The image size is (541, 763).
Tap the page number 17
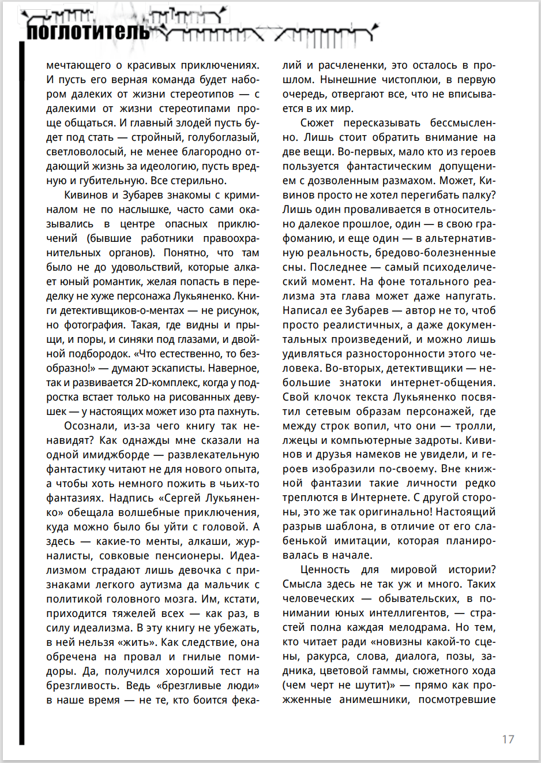point(508,739)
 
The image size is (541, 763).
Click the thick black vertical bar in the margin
point(22,392)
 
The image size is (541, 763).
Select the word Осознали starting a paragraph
point(91,426)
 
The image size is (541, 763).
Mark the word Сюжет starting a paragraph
point(317,123)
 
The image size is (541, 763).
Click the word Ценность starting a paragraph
point(325,570)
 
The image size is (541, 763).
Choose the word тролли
point(476,426)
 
